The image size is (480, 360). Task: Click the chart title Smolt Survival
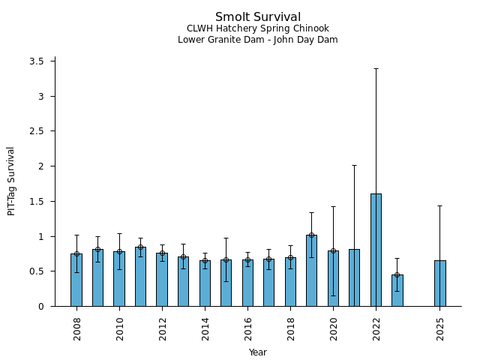click(x=258, y=17)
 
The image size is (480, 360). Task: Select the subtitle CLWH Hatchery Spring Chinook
click(x=258, y=28)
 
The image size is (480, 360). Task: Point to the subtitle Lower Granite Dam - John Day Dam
click(x=258, y=40)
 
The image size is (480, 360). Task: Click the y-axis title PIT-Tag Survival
click(x=11, y=181)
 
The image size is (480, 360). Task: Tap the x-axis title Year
click(x=258, y=352)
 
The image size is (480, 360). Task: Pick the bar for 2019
click(x=311, y=271)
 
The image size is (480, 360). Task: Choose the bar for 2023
click(x=397, y=290)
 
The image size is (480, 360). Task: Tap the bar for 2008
click(x=76, y=280)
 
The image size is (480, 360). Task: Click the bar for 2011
click(x=140, y=277)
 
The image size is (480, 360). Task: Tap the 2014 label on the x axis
click(x=205, y=328)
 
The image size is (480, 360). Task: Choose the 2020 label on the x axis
click(x=333, y=328)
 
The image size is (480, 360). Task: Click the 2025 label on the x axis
click(x=440, y=328)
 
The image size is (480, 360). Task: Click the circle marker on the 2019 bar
click(x=311, y=235)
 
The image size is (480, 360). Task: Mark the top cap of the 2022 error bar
click(x=376, y=68)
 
